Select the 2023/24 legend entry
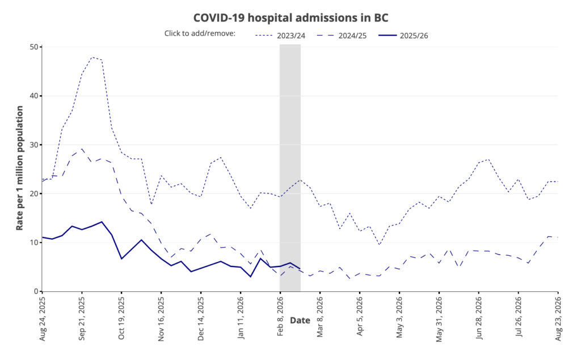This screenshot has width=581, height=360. click(x=280, y=35)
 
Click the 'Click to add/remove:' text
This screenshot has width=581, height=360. click(x=200, y=33)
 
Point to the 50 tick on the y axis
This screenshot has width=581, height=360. click(x=33, y=47)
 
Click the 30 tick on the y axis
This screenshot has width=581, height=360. click(x=33, y=145)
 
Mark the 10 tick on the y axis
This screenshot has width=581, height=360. click(x=33, y=243)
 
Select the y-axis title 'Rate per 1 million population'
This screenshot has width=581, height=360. click(x=19, y=169)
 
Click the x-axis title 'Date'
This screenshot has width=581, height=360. click(x=300, y=320)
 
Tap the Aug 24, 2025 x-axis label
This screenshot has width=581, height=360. click(x=43, y=316)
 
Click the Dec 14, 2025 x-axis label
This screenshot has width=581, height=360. click(x=201, y=316)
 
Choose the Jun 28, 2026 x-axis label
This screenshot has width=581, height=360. click(x=479, y=316)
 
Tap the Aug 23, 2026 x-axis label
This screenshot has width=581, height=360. click(x=558, y=316)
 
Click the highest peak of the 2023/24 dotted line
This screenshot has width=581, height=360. click(x=92, y=57)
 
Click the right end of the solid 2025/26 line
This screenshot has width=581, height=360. click(x=300, y=269)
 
